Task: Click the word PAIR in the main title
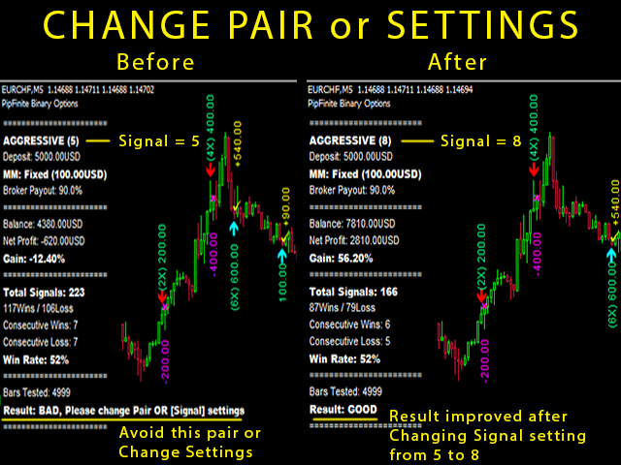pyautogui.click(x=271, y=25)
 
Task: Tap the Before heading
pyautogui.click(x=155, y=62)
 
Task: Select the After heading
pyautogui.click(x=457, y=62)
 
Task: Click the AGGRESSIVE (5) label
pyautogui.click(x=41, y=140)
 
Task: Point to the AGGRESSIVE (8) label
pyautogui.click(x=350, y=140)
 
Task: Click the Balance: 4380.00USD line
pyautogui.click(x=43, y=224)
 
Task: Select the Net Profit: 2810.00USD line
pyautogui.click(x=354, y=240)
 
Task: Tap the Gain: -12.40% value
pyautogui.click(x=34, y=259)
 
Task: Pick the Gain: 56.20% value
pyautogui.click(x=341, y=259)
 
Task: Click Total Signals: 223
pyautogui.click(x=44, y=293)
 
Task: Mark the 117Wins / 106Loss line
pyautogui.click(x=39, y=308)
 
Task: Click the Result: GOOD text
pyautogui.click(x=343, y=410)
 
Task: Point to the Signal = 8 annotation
pyautogui.click(x=481, y=141)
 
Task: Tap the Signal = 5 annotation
pyautogui.click(x=159, y=141)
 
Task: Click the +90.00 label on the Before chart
pyautogui.click(x=286, y=206)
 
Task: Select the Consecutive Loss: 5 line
pyautogui.click(x=349, y=341)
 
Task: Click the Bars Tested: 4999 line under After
pyautogui.click(x=345, y=391)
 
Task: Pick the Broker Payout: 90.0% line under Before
pyautogui.click(x=43, y=191)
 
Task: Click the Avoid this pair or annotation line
pyautogui.click(x=190, y=433)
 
